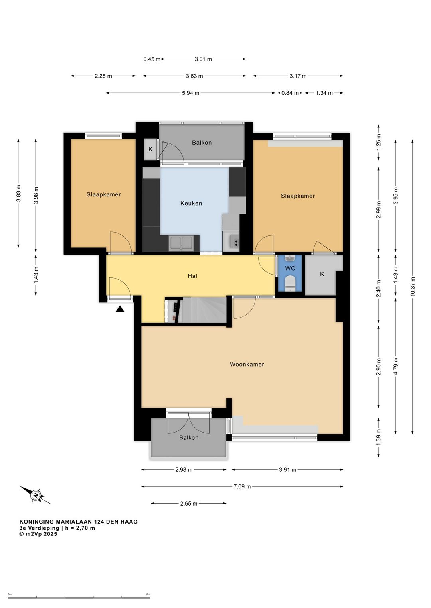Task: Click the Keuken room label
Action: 191,203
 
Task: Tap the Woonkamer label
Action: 247,364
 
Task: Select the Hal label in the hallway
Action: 192,276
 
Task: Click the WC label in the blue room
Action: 290,269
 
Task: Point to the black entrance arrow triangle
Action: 120,309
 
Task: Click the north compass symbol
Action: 36,495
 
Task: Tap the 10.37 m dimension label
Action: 413,286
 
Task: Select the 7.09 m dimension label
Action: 242,486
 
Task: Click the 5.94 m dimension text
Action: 190,93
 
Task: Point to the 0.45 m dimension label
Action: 152,59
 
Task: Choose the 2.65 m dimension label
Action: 189,504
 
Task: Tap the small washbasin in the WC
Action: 290,258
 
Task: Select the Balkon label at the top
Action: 202,143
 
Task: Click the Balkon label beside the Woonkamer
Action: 189,437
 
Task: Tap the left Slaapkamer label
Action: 104,194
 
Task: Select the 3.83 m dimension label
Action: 18,193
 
